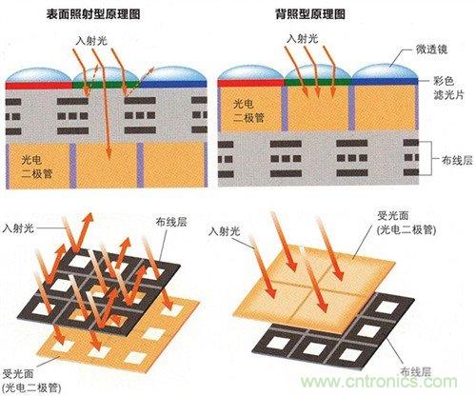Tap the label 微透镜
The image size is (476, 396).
(441, 47)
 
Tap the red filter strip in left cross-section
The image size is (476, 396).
(37, 85)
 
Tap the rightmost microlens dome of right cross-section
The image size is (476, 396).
(381, 72)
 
